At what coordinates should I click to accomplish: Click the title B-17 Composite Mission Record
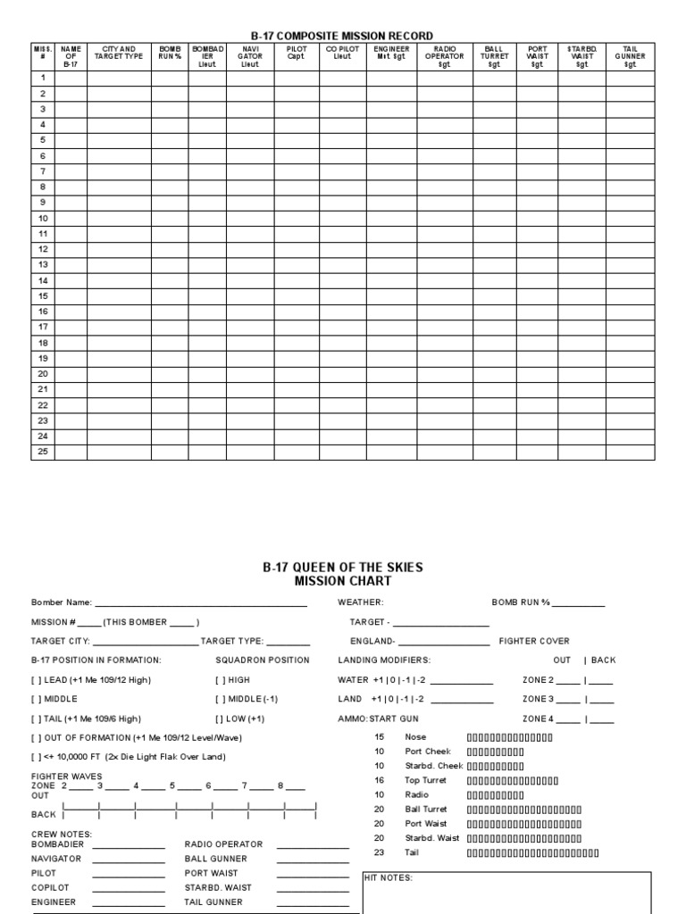[x=342, y=36]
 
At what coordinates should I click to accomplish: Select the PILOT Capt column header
[x=296, y=53]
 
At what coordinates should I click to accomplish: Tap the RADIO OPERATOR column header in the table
[x=444, y=56]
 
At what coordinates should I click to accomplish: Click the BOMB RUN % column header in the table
[x=170, y=53]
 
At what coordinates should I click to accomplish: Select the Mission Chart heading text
[x=343, y=581]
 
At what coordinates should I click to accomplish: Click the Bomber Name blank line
[x=201, y=603]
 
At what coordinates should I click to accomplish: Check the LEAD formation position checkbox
[x=37, y=680]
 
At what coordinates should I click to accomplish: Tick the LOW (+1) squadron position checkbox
[x=220, y=719]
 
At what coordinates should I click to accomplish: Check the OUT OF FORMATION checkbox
[x=37, y=738]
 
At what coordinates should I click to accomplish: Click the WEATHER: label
[x=360, y=602]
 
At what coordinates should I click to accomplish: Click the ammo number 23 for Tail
[x=379, y=852]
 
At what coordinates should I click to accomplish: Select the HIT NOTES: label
[x=389, y=878]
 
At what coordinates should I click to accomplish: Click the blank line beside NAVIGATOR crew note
[x=129, y=859]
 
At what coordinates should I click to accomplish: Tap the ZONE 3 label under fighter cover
[x=538, y=699]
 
